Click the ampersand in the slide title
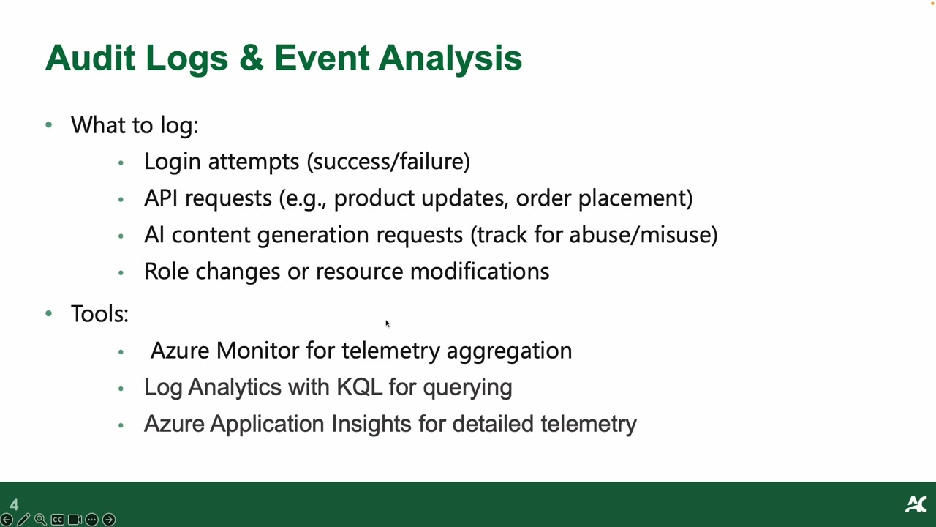252,58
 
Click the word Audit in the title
90,58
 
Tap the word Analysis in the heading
450,59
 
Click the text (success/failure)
388,162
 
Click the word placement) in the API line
635,198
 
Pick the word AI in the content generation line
154,235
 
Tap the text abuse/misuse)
643,235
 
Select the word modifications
480,271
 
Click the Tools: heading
99,313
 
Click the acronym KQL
360,387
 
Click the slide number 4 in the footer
14,505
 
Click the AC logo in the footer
916,504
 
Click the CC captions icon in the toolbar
58,520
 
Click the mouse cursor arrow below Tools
388,324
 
